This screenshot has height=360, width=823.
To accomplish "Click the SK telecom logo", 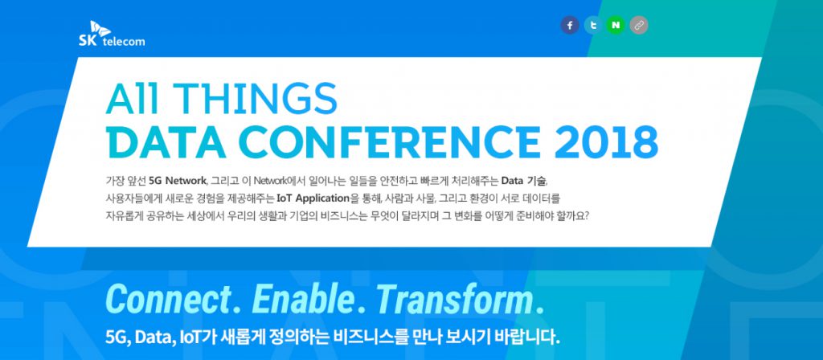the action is tap(112, 34).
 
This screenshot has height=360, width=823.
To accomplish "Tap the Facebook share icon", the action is tap(570, 25).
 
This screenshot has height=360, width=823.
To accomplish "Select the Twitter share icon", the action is tap(593, 25).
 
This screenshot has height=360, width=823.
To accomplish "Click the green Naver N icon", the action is tap(616, 25).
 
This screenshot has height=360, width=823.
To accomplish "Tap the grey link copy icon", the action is tap(639, 25).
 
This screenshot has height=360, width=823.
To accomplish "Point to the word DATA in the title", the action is tap(169, 142).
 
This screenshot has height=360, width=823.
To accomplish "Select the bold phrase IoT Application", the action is tap(313, 198).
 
